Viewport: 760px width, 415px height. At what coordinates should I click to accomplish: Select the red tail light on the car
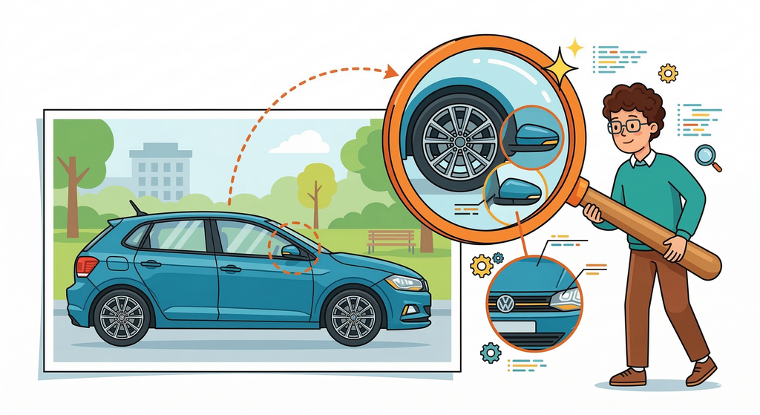(x=86, y=266)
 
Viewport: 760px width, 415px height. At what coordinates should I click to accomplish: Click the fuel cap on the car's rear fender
(x=117, y=263)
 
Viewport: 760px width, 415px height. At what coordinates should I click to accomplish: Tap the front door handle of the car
(x=230, y=268)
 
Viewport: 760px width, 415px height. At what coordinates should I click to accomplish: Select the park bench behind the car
(x=391, y=240)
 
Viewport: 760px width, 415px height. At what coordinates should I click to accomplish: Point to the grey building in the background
(x=160, y=171)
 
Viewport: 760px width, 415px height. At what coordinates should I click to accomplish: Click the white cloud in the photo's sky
(x=300, y=143)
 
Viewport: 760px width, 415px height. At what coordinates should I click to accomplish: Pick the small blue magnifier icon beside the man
(x=706, y=157)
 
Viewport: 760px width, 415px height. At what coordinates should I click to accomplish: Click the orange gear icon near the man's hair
(x=668, y=72)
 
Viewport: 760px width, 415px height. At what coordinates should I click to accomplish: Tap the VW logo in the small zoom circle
(x=505, y=303)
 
